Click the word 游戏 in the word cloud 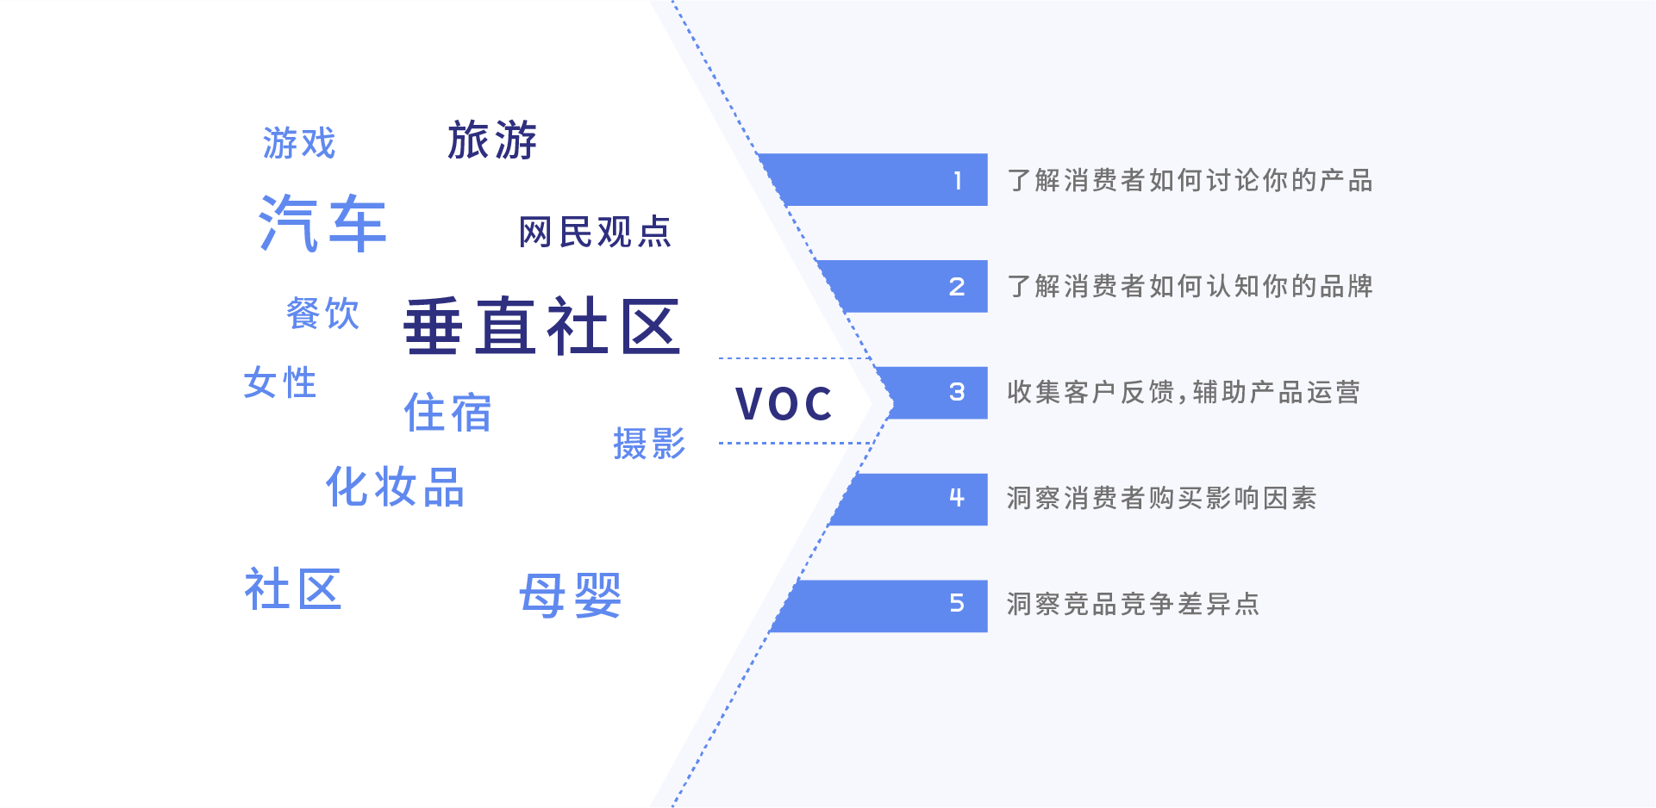[x=299, y=143]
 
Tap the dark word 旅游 [x=492, y=140]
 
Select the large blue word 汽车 [x=322, y=223]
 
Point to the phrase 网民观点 [x=595, y=233]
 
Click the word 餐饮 [x=322, y=314]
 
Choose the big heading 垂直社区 [x=542, y=326]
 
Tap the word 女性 [x=280, y=382]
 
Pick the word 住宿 [x=447, y=413]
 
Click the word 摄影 [x=649, y=444]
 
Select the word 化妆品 [x=395, y=487]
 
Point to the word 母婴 [x=570, y=595]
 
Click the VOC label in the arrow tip [x=784, y=403]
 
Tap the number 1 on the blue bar [x=958, y=180]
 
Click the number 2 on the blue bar [x=957, y=287]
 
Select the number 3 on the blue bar [x=957, y=393]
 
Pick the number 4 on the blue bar [x=957, y=498]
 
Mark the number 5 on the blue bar [x=957, y=604]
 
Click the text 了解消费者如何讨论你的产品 [x=1190, y=180]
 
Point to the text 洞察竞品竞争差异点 [x=1134, y=604]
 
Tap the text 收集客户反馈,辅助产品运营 [x=1184, y=393]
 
